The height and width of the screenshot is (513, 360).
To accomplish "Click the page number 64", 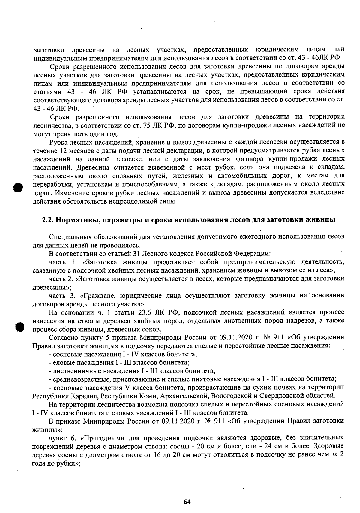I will pos(187,502).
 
